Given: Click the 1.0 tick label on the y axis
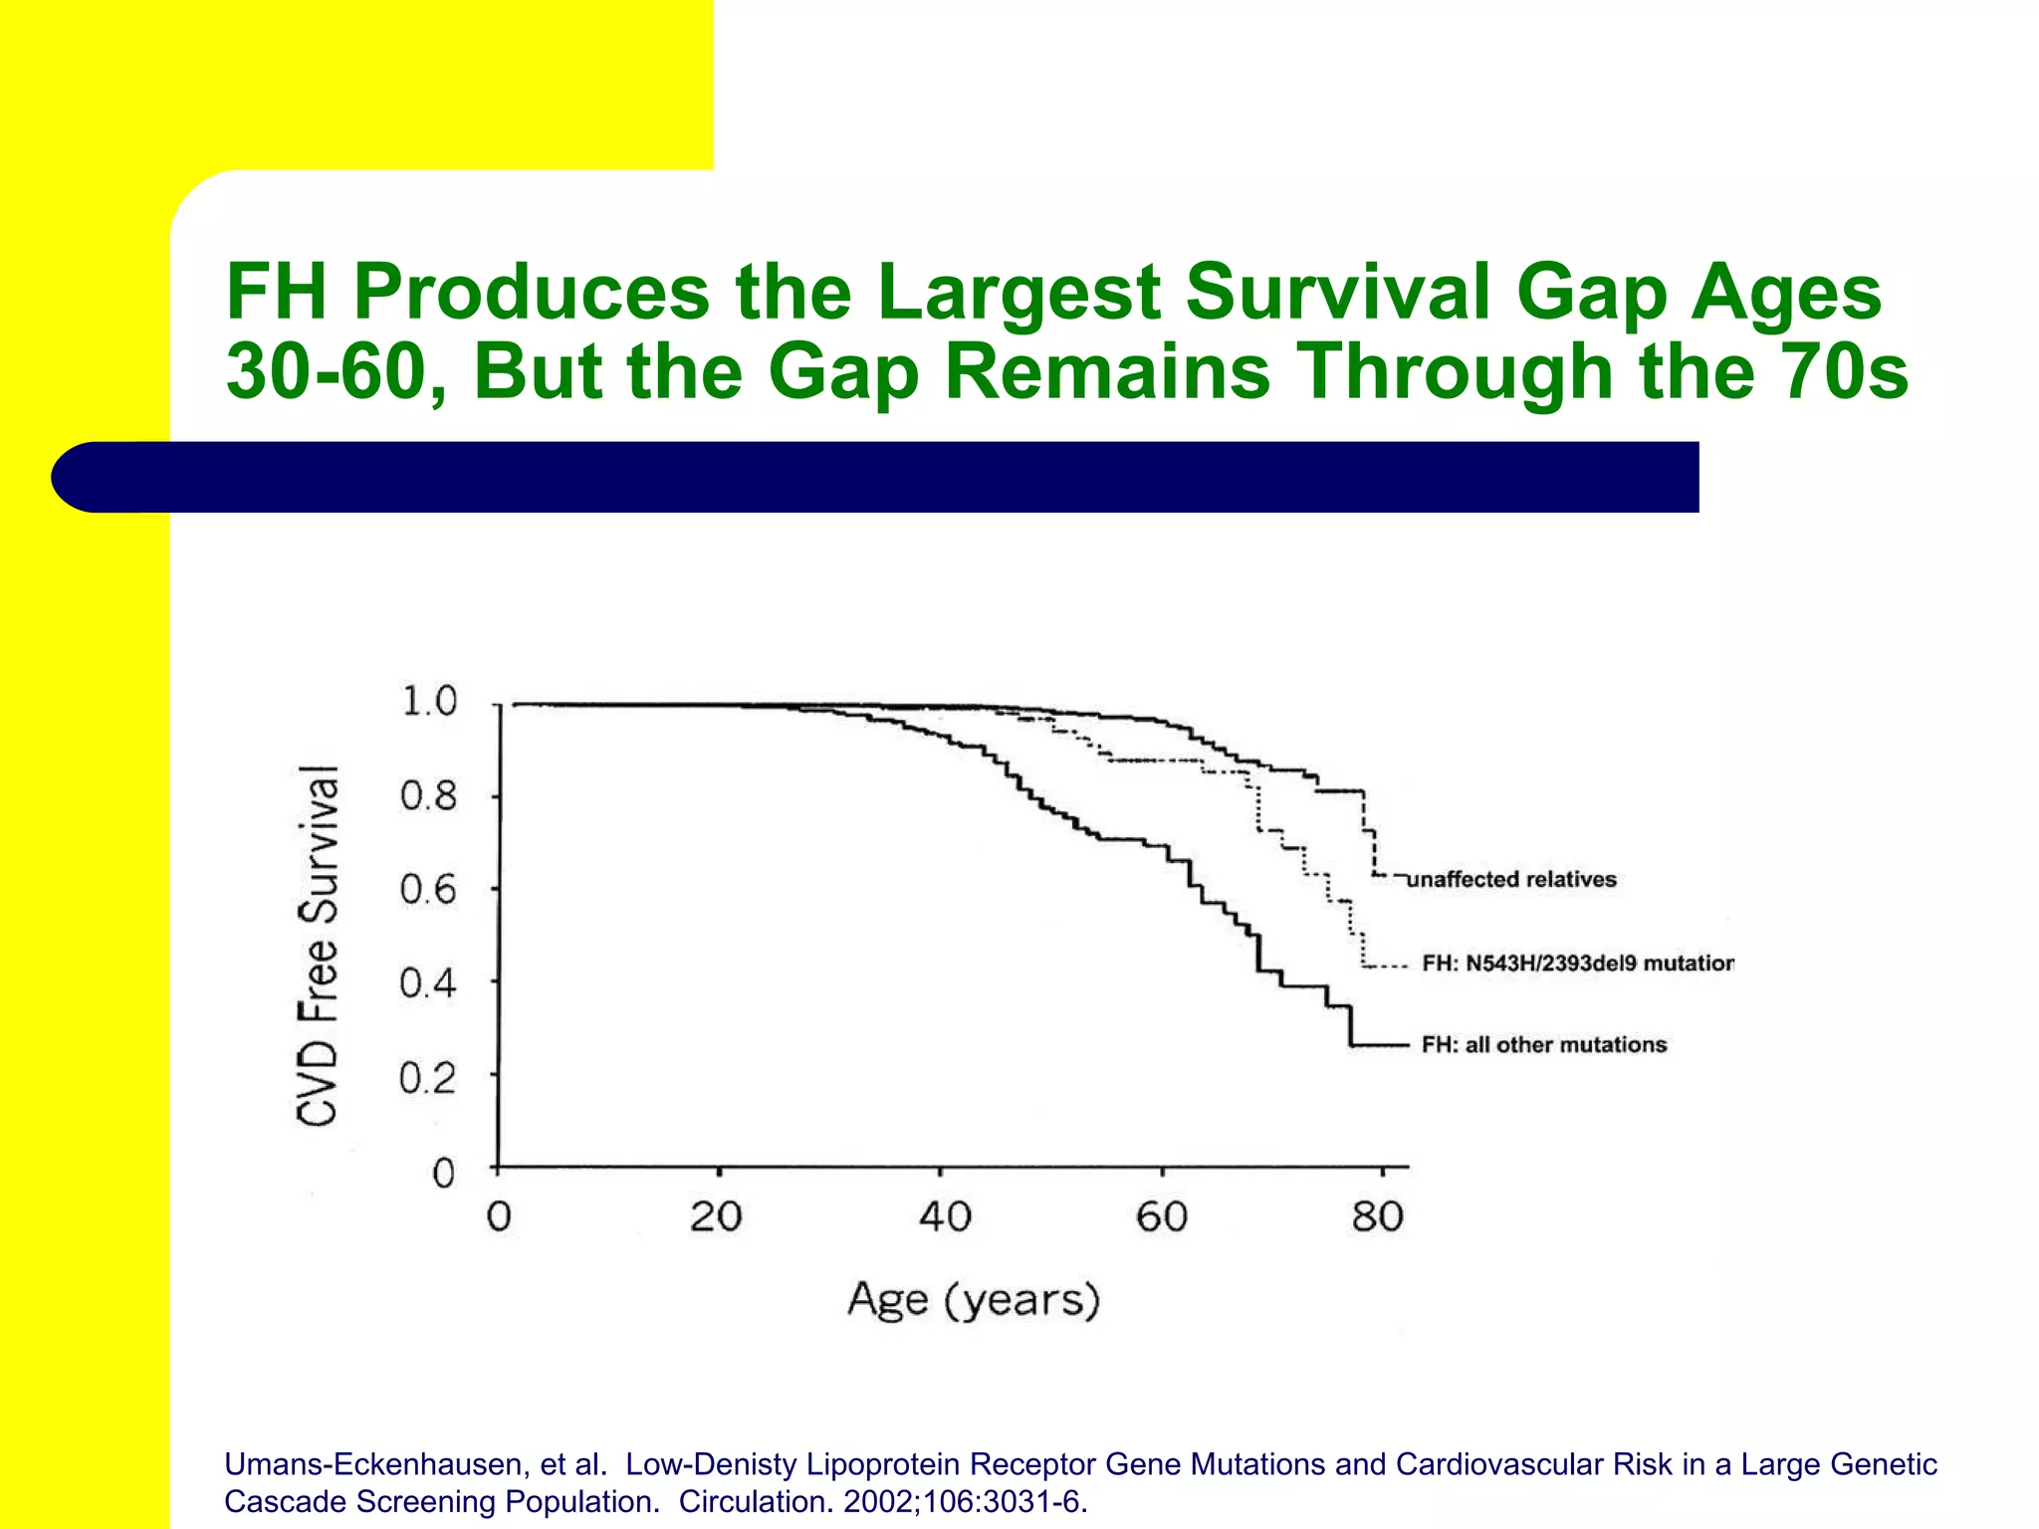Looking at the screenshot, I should pyautogui.click(x=428, y=702).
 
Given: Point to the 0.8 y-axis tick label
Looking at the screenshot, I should pyautogui.click(x=428, y=796).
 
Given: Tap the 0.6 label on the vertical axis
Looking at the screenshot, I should pyautogui.click(x=428, y=889).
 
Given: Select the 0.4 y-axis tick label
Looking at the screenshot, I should pyautogui.click(x=428, y=983).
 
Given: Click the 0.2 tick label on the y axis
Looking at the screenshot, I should pyautogui.click(x=428, y=1077).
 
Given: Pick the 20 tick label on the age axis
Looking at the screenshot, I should pyautogui.click(x=716, y=1216).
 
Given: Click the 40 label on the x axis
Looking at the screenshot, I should pyautogui.click(x=944, y=1216).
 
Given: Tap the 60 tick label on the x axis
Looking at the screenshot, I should pyautogui.click(x=1162, y=1216).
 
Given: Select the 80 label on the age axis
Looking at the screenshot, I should pyautogui.click(x=1377, y=1216).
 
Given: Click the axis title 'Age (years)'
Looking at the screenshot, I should pyautogui.click(x=973, y=1300).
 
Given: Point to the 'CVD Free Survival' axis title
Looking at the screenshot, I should pyautogui.click(x=319, y=946).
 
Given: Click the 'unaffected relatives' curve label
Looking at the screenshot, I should pyautogui.click(x=1511, y=879).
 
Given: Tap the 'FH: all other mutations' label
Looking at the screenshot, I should pyautogui.click(x=1544, y=1044).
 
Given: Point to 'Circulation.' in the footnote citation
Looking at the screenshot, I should pyautogui.click(x=757, y=1501).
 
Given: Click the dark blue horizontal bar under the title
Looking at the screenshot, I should pyautogui.click(x=876, y=477).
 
